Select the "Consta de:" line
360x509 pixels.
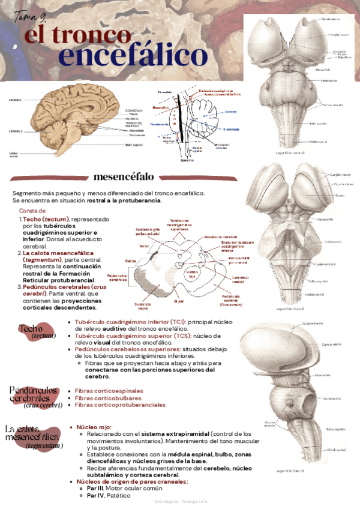pyautogui.click(x=33, y=211)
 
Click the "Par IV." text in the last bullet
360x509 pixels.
pyautogui.click(x=96, y=496)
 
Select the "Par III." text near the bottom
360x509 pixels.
pyautogui.click(x=97, y=489)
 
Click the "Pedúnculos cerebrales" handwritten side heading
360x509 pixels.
pyautogui.click(x=35, y=396)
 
